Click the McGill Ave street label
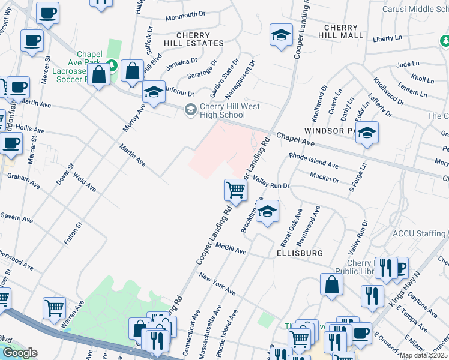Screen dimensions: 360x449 click(x=232, y=250)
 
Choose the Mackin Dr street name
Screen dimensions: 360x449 click(x=325, y=176)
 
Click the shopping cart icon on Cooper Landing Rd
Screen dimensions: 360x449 click(x=235, y=190)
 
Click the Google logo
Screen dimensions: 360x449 click(x=19, y=353)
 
